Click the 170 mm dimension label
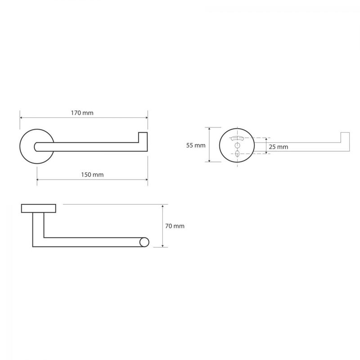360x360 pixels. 82,113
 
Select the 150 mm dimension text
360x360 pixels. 92,175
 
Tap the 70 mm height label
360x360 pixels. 175,226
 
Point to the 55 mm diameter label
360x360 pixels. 196,145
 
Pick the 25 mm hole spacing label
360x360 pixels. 279,147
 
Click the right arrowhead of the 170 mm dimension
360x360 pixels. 147,118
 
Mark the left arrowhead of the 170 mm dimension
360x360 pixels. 21,118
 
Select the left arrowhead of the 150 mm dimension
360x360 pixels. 38,180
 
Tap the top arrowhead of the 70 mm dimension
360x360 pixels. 162,207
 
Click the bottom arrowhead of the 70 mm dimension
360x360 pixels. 162,246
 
